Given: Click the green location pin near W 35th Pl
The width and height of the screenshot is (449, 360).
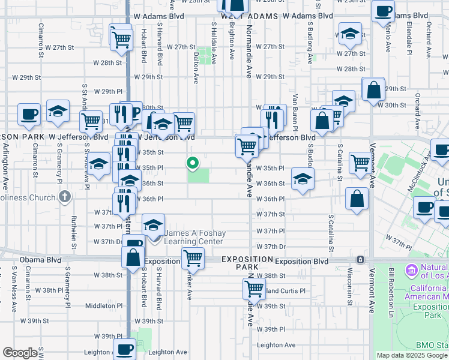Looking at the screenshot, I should [193, 163].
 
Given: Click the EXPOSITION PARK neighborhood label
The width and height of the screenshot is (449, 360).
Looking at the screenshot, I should [247, 262].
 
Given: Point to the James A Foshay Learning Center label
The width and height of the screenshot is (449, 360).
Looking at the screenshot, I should [194, 237].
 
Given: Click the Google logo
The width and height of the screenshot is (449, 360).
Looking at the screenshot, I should [20, 353].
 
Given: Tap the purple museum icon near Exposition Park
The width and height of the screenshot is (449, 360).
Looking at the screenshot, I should [412, 270].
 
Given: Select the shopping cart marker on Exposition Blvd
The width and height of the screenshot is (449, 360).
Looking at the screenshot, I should [193, 259].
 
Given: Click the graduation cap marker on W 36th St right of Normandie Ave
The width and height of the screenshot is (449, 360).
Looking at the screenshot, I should [303, 178].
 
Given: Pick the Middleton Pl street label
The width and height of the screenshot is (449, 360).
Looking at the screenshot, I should [104, 305].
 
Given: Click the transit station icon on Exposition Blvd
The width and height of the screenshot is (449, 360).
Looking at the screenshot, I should [360, 260].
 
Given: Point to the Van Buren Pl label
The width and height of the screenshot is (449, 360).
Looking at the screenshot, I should [295, 112].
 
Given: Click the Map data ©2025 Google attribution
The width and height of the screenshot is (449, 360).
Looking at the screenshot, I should [412, 355].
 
